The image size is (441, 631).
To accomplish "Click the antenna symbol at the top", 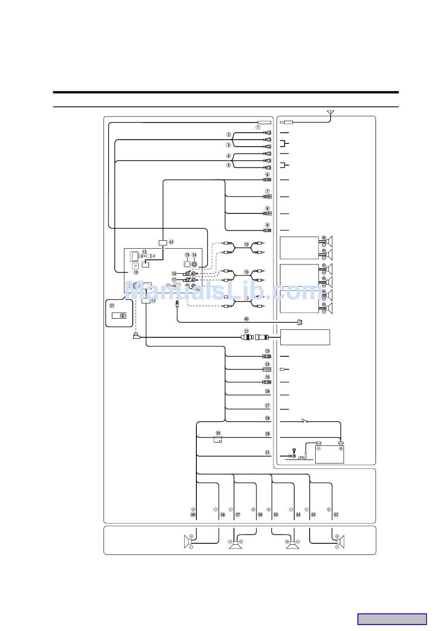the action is click(331, 113).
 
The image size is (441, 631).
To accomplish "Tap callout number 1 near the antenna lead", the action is click(258, 127).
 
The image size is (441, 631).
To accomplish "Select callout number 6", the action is click(267, 175).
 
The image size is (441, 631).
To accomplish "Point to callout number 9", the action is click(267, 225).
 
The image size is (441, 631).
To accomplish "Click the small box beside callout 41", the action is click(162, 243).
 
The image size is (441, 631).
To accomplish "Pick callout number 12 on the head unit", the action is click(145, 252).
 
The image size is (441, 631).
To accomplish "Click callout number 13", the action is click(136, 273).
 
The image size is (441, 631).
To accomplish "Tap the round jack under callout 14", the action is click(194, 264).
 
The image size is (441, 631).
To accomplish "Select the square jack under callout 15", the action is click(187, 264).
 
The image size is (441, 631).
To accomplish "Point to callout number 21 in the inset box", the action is click(112, 305).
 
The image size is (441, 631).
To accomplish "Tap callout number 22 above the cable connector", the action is click(246, 330).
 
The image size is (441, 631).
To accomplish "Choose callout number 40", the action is click(246, 319).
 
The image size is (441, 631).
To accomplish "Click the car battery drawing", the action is click(330, 453).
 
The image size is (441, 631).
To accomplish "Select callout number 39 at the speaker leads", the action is click(193, 515).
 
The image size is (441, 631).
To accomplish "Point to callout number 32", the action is click(336, 515).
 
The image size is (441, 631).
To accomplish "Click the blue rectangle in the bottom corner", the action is click(392, 619).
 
